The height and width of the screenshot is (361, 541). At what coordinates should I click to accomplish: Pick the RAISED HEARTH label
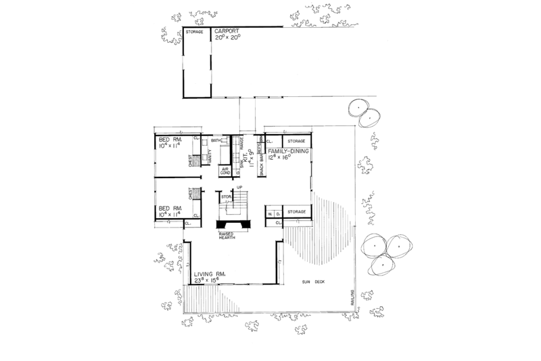click(231, 235)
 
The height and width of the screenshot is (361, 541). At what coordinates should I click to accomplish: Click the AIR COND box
click(226, 171)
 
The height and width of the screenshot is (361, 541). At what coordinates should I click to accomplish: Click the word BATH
click(216, 140)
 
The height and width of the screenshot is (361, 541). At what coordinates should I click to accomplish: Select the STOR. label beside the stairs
click(226, 196)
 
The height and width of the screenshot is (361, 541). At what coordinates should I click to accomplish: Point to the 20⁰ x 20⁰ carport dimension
click(226, 39)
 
